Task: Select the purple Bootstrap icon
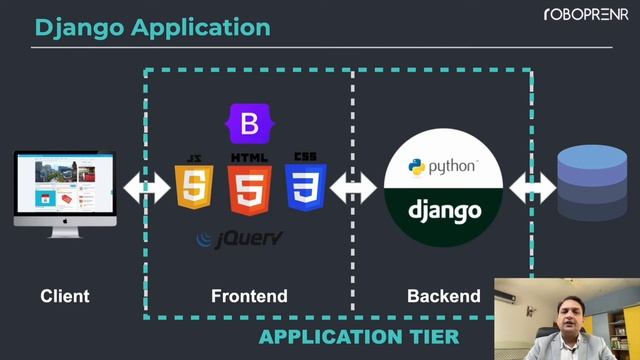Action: tap(249, 124)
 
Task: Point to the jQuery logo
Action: tap(240, 238)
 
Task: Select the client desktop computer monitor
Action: tap(65, 190)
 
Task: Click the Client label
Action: tap(65, 296)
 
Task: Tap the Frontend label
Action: tap(249, 296)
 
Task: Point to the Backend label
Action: tap(444, 296)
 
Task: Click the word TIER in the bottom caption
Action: tap(432, 337)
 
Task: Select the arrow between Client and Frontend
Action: tap(146, 187)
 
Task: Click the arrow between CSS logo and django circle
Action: tap(353, 187)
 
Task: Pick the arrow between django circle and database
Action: tap(532, 187)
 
